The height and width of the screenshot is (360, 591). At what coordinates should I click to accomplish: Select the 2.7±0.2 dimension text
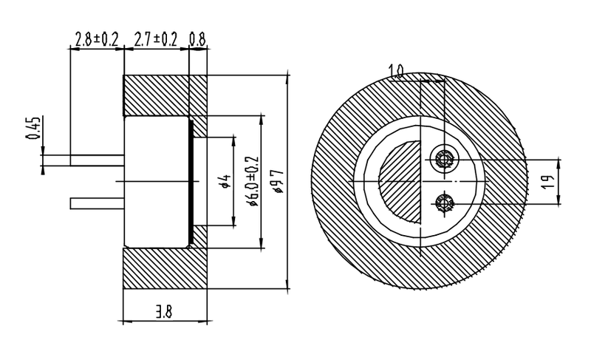tap(156, 40)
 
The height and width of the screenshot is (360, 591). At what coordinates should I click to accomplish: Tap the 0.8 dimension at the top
tap(197, 40)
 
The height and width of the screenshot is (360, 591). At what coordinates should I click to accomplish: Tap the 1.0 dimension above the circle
tap(396, 71)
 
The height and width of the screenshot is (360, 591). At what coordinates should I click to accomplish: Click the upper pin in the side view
tap(96, 160)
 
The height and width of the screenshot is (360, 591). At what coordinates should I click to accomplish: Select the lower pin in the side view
tap(96, 203)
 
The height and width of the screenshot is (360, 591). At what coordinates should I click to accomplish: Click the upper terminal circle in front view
tap(445, 159)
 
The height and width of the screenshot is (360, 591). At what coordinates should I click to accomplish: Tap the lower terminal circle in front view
tap(445, 201)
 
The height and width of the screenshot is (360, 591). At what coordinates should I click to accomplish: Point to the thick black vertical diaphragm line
tap(192, 181)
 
